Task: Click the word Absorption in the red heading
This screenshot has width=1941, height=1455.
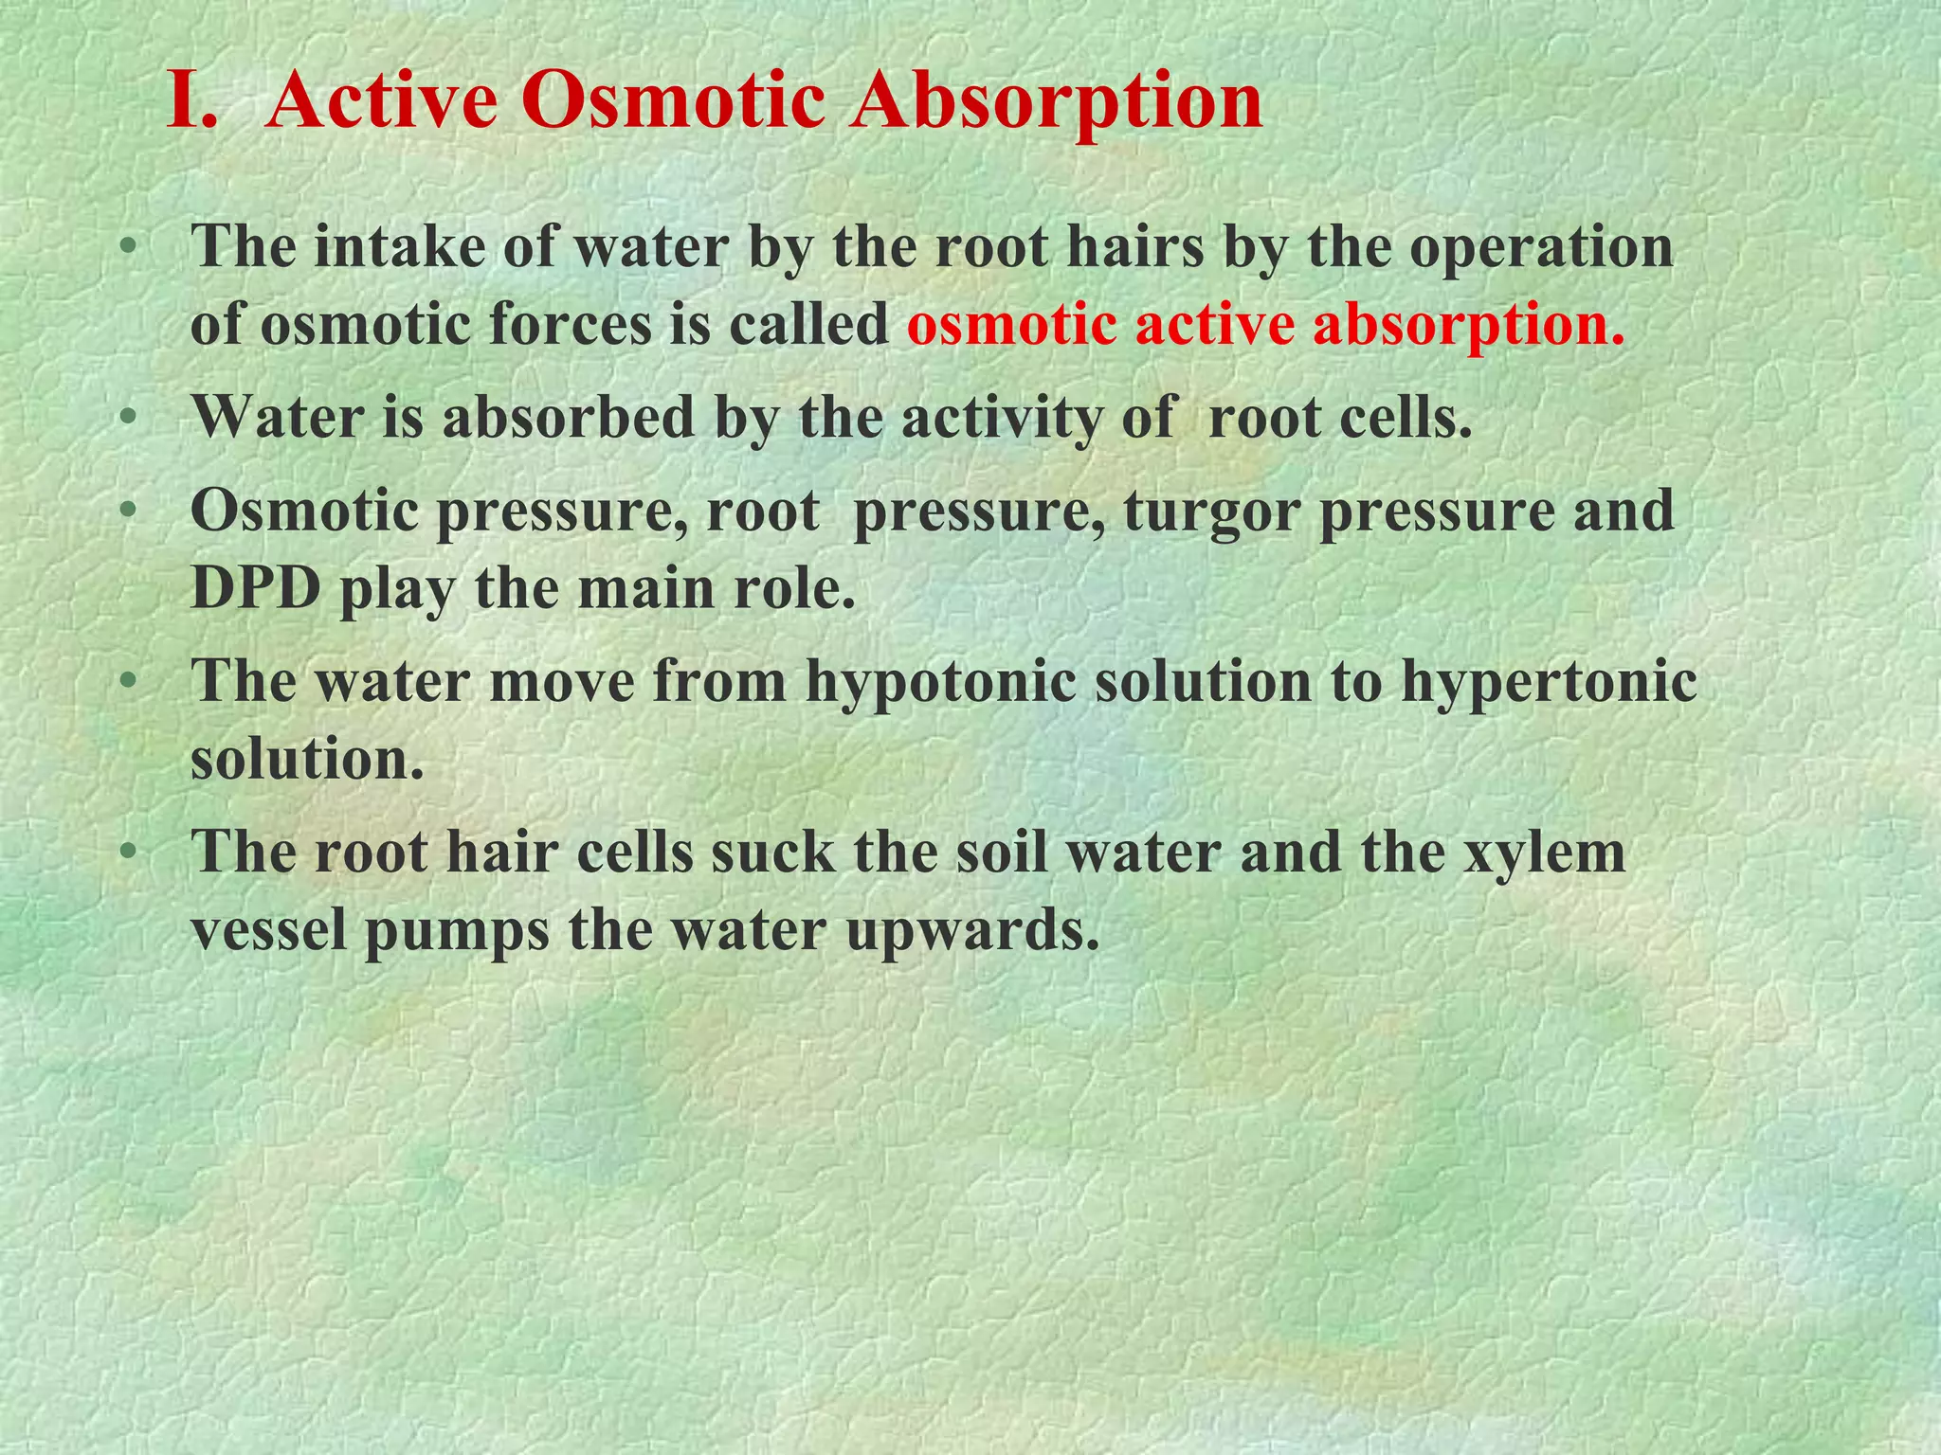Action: click(1056, 102)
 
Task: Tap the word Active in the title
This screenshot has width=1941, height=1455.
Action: click(382, 102)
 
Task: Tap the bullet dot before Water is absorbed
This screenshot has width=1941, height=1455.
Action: click(128, 418)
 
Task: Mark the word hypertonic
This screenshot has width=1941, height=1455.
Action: click(1549, 682)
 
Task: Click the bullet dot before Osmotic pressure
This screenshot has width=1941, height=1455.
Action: click(128, 511)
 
